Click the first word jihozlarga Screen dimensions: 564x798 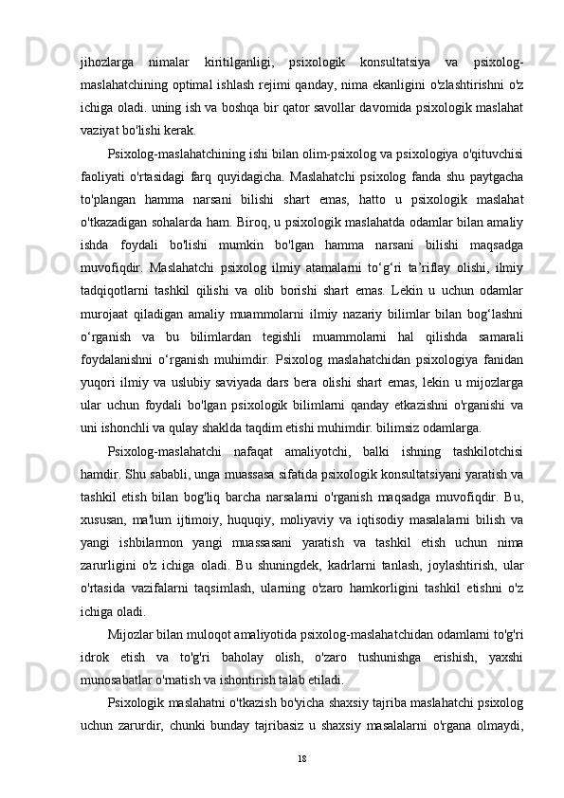[x=107, y=64]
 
